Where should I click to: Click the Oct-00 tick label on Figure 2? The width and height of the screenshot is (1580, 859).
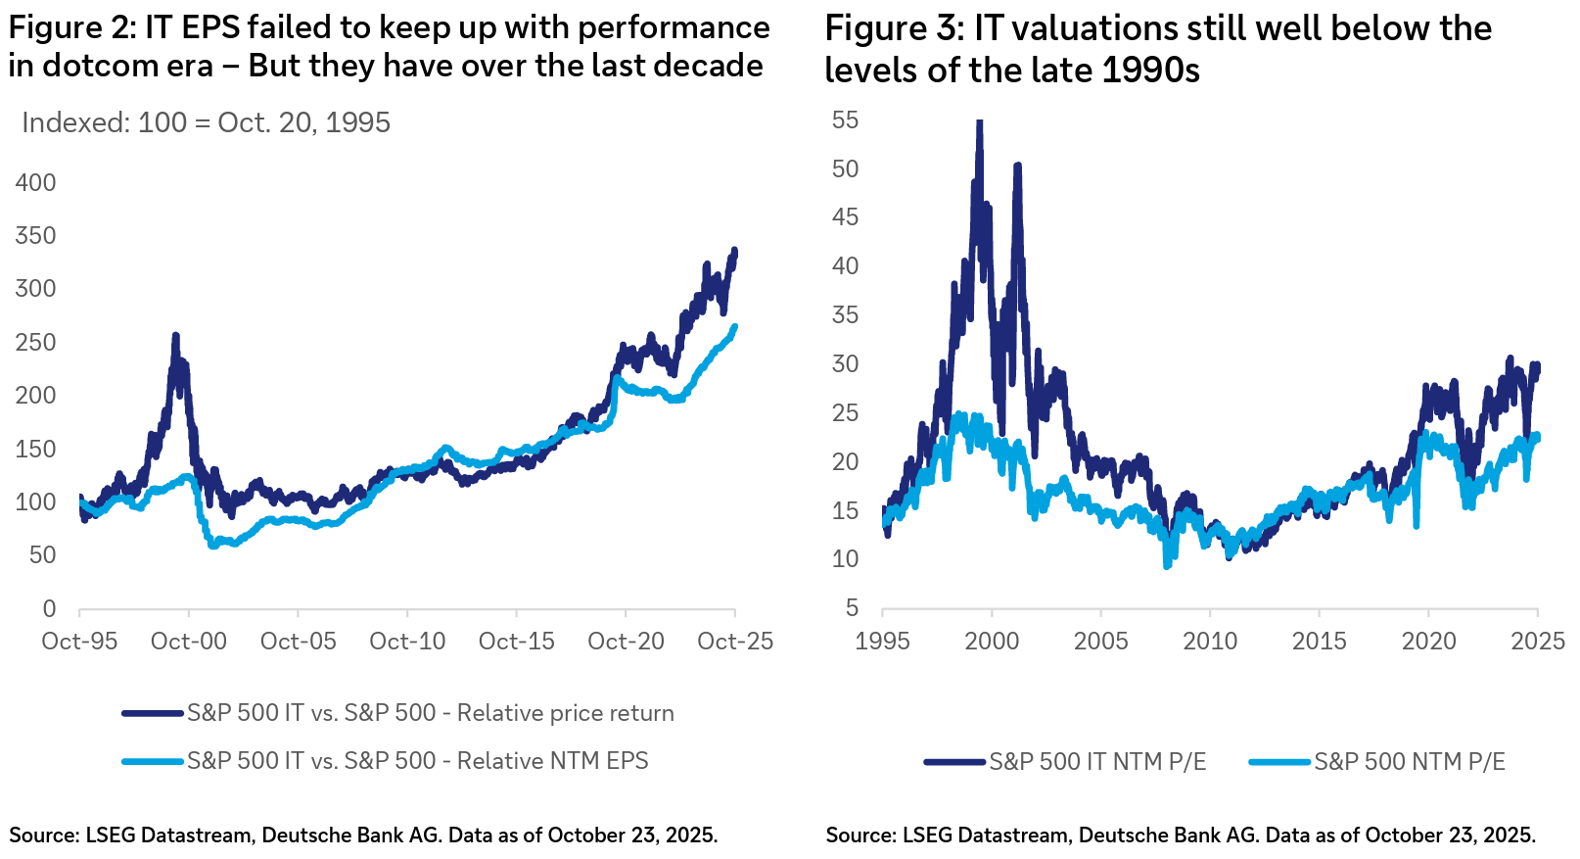coord(188,642)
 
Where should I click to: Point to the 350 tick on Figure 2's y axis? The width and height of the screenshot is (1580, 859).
coord(35,236)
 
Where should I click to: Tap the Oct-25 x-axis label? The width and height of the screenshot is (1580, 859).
coord(734,642)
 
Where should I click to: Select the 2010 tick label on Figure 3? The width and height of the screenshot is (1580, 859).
coord(1210,642)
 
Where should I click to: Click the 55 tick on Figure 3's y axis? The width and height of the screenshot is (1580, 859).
coord(845,120)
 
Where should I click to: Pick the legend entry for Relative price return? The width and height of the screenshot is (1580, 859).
coord(430,713)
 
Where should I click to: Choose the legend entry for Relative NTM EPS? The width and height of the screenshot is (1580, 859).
coord(417,761)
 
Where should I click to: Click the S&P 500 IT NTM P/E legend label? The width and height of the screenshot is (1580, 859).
coord(1096,762)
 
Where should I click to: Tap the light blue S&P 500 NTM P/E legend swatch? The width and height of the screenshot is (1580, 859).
coord(1279,762)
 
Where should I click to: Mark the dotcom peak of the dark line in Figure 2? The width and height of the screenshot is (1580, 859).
coord(175,336)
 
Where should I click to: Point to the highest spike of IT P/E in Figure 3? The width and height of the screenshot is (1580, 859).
coord(979,122)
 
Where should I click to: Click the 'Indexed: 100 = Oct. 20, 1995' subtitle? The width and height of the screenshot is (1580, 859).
coord(206,122)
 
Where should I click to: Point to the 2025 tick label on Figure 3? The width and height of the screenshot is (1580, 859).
coord(1537,642)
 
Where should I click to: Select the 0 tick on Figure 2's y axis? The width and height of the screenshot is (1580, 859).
coord(49,608)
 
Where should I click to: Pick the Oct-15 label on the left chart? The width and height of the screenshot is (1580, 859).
coord(516,642)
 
